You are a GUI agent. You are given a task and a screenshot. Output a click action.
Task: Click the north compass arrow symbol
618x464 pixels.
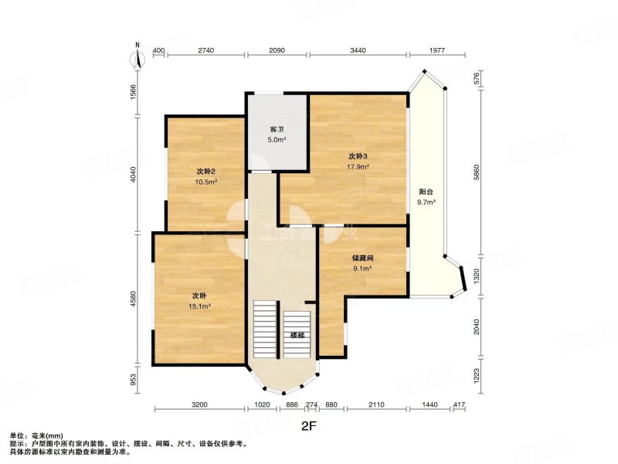138,58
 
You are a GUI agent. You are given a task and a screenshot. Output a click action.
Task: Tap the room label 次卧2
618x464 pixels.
205,172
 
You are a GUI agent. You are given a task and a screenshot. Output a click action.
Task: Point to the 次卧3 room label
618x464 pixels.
357,155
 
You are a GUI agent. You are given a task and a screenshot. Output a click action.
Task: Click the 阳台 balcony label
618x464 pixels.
426,192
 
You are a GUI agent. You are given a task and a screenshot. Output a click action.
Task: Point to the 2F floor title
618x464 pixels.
309,425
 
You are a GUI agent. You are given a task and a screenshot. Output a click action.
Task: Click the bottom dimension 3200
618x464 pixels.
200,404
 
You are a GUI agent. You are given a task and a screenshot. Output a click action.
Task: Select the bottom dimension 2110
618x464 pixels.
375,404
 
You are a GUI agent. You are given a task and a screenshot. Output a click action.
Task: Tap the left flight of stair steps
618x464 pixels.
265,329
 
